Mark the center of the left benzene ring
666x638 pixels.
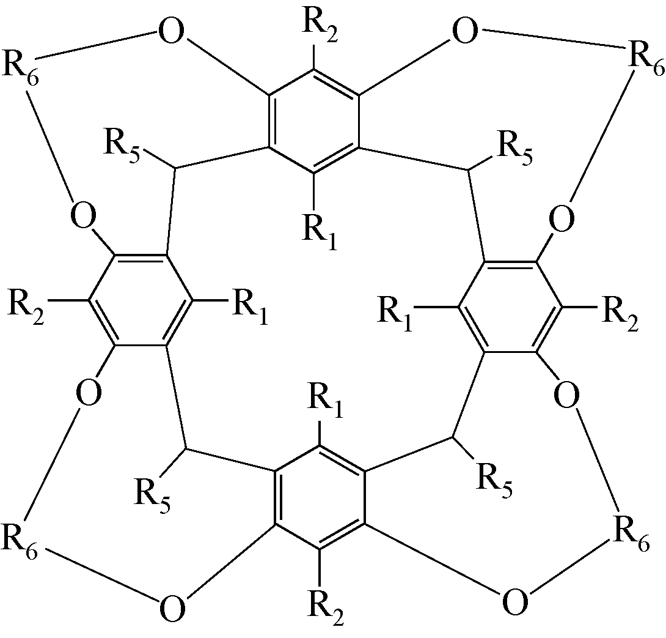(x=141, y=300)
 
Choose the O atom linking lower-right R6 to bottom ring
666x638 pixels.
(x=514, y=603)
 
